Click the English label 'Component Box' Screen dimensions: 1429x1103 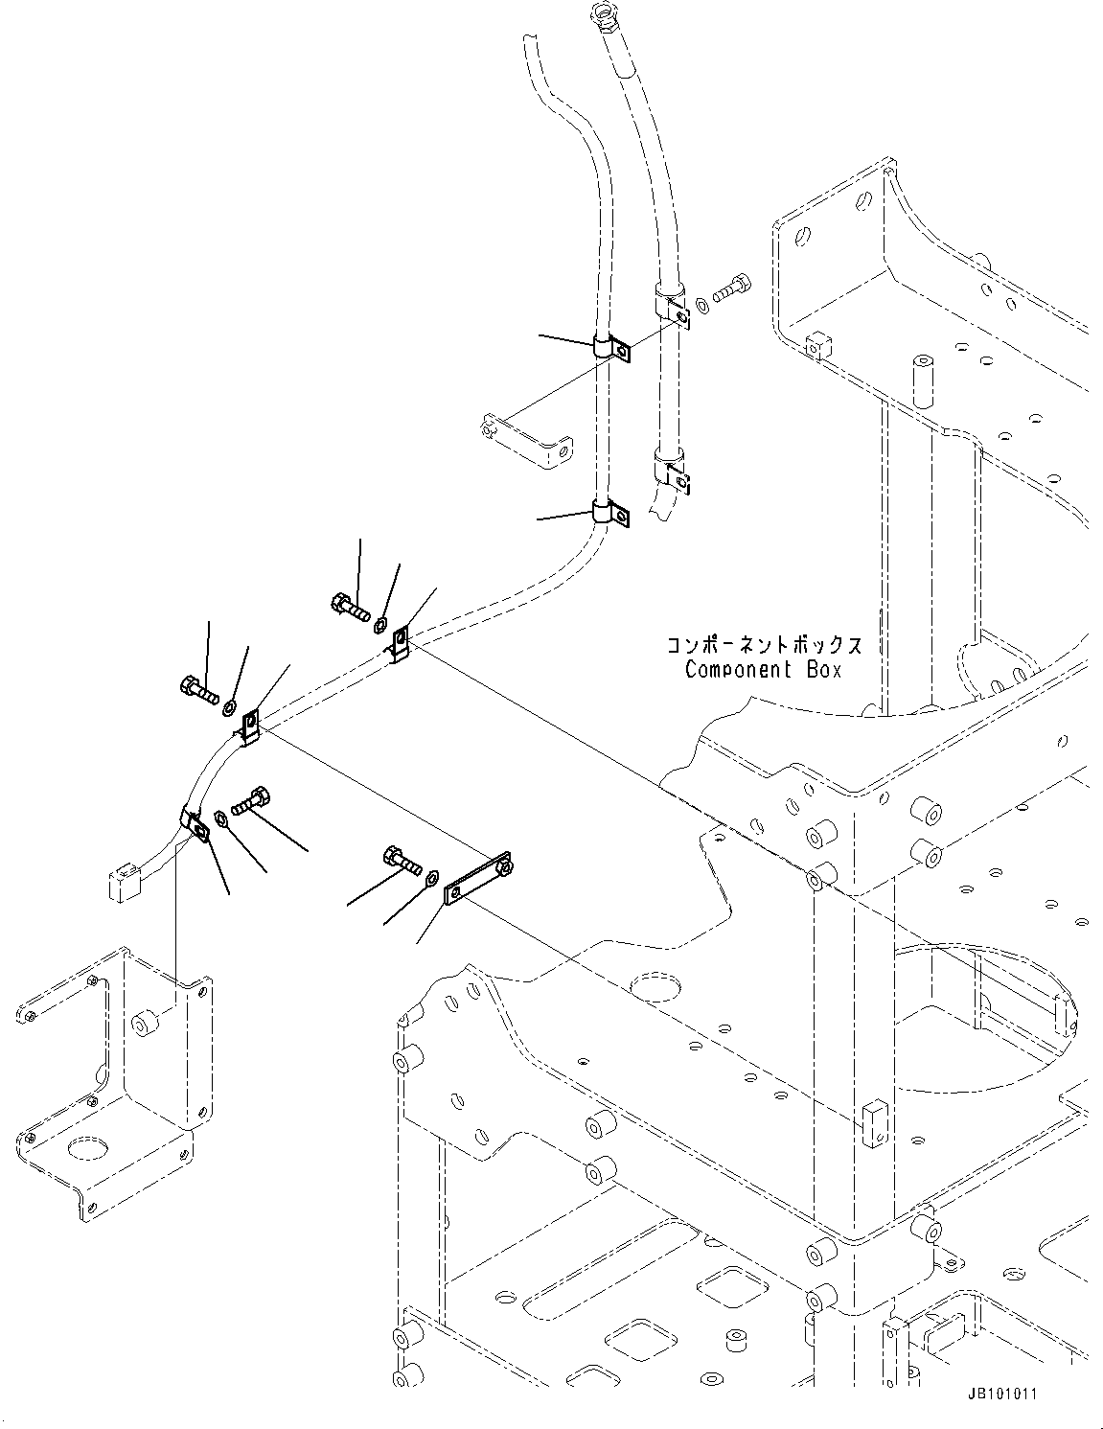pos(763,669)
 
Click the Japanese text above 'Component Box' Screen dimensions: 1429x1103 pos(763,644)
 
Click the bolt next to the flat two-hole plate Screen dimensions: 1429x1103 pos(402,857)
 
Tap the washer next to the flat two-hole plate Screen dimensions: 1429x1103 pos(432,876)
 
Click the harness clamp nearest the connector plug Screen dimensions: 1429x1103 pos(195,822)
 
